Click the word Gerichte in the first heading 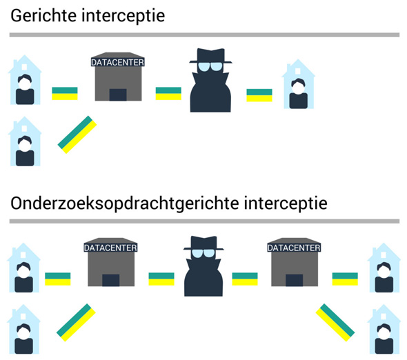[41, 14]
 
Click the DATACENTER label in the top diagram [117, 62]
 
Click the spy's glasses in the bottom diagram [204, 252]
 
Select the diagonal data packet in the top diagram [77, 133]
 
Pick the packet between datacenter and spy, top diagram [168, 93]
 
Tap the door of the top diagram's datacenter [117, 94]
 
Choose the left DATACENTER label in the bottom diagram [110, 247]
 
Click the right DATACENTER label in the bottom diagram [292, 247]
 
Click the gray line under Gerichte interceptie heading [203, 34]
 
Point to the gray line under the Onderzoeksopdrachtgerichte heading [203, 221]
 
